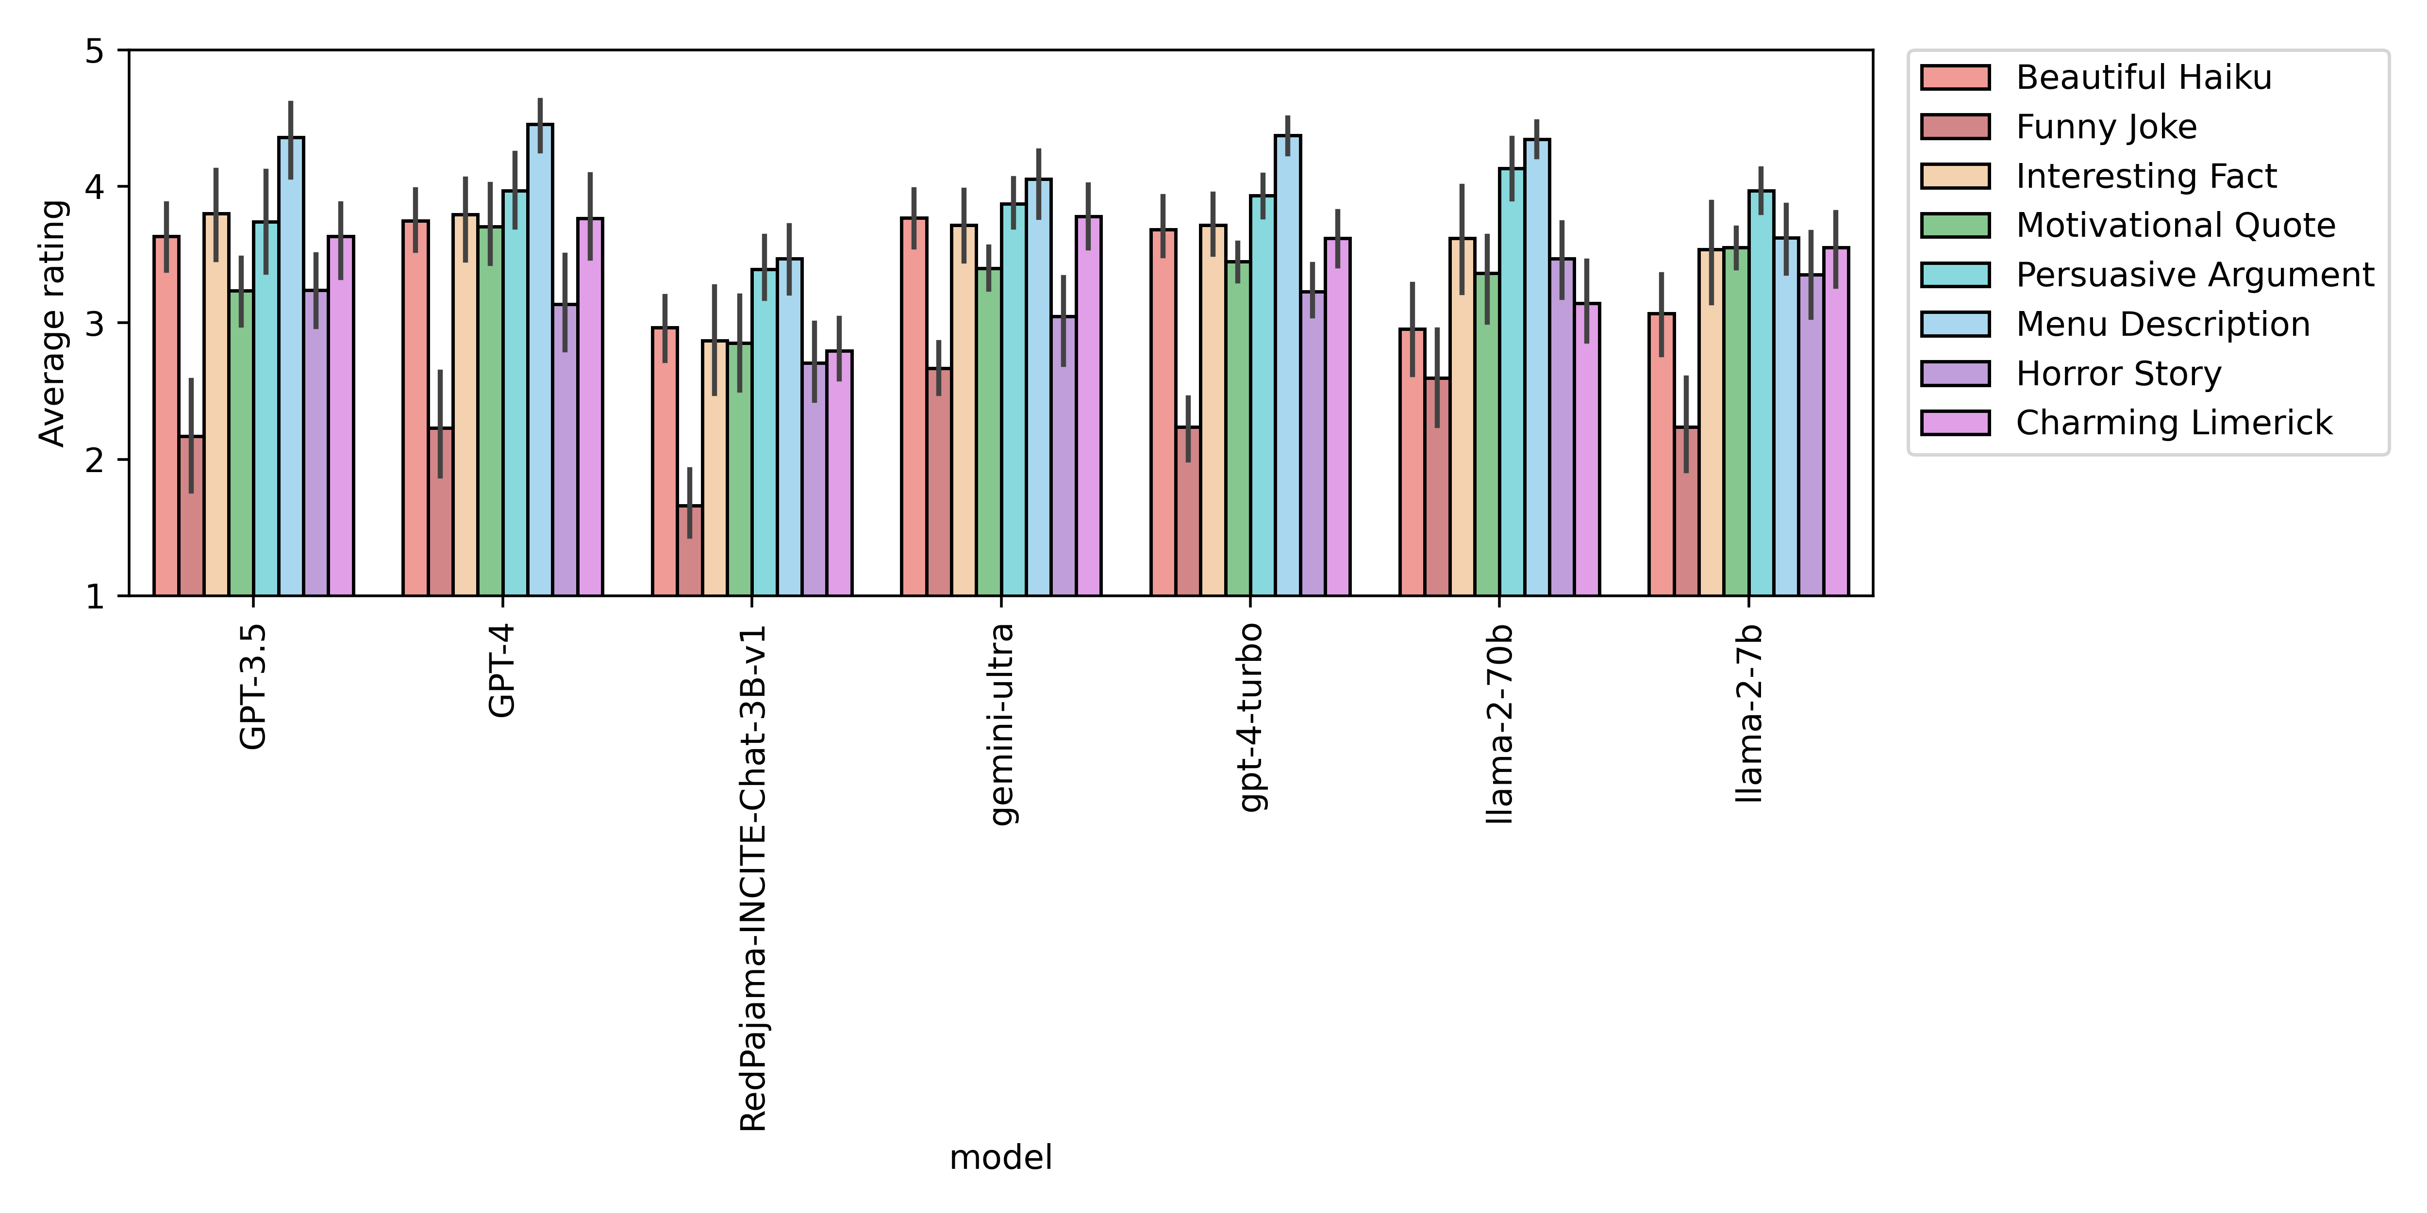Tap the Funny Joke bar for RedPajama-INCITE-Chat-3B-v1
(690, 550)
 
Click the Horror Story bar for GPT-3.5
(316, 443)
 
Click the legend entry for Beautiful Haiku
(2144, 77)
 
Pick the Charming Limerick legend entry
(2174, 423)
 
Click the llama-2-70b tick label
(1499, 723)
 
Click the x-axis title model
(1000, 1157)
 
